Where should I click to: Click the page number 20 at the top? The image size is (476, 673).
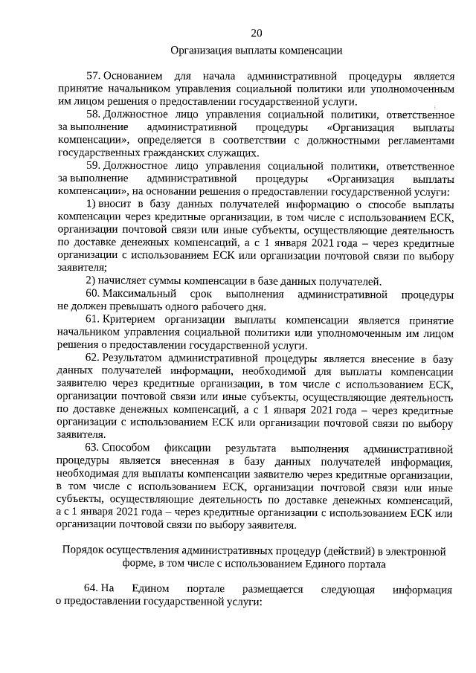[257, 33]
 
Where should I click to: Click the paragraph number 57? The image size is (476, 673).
[92, 77]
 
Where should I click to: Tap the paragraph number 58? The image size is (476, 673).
[92, 115]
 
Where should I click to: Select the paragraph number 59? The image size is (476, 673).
[92, 165]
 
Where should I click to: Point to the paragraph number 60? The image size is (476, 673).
[92, 295]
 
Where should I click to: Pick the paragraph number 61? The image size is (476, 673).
[92, 320]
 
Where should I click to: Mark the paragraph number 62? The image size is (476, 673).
[92, 358]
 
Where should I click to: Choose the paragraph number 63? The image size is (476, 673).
[92, 448]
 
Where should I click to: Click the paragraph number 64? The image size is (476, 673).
[91, 589]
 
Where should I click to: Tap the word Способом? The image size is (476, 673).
[126, 448]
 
